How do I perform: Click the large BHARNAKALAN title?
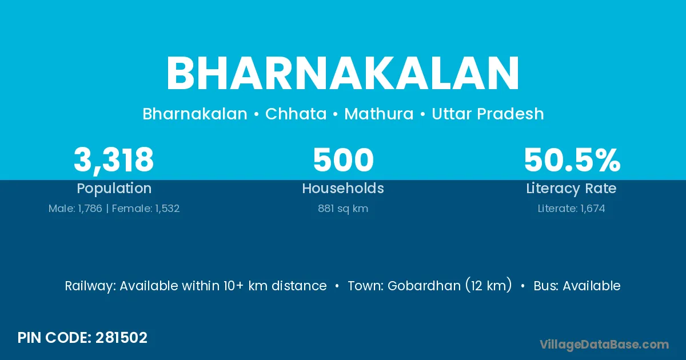342,73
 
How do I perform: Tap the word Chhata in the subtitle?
296,114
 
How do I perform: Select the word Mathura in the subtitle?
379,114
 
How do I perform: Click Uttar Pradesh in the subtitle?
488,114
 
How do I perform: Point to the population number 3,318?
114,160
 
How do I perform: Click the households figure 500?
343,160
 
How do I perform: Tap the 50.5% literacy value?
572,160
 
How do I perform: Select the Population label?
114,189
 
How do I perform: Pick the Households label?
343,188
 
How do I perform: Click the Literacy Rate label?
571,189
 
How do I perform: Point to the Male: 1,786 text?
75,209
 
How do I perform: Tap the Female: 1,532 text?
146,209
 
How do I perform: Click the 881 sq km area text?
343,209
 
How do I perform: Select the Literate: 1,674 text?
572,209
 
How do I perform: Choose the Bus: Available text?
577,286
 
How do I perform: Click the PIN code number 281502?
121,338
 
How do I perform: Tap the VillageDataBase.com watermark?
604,345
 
